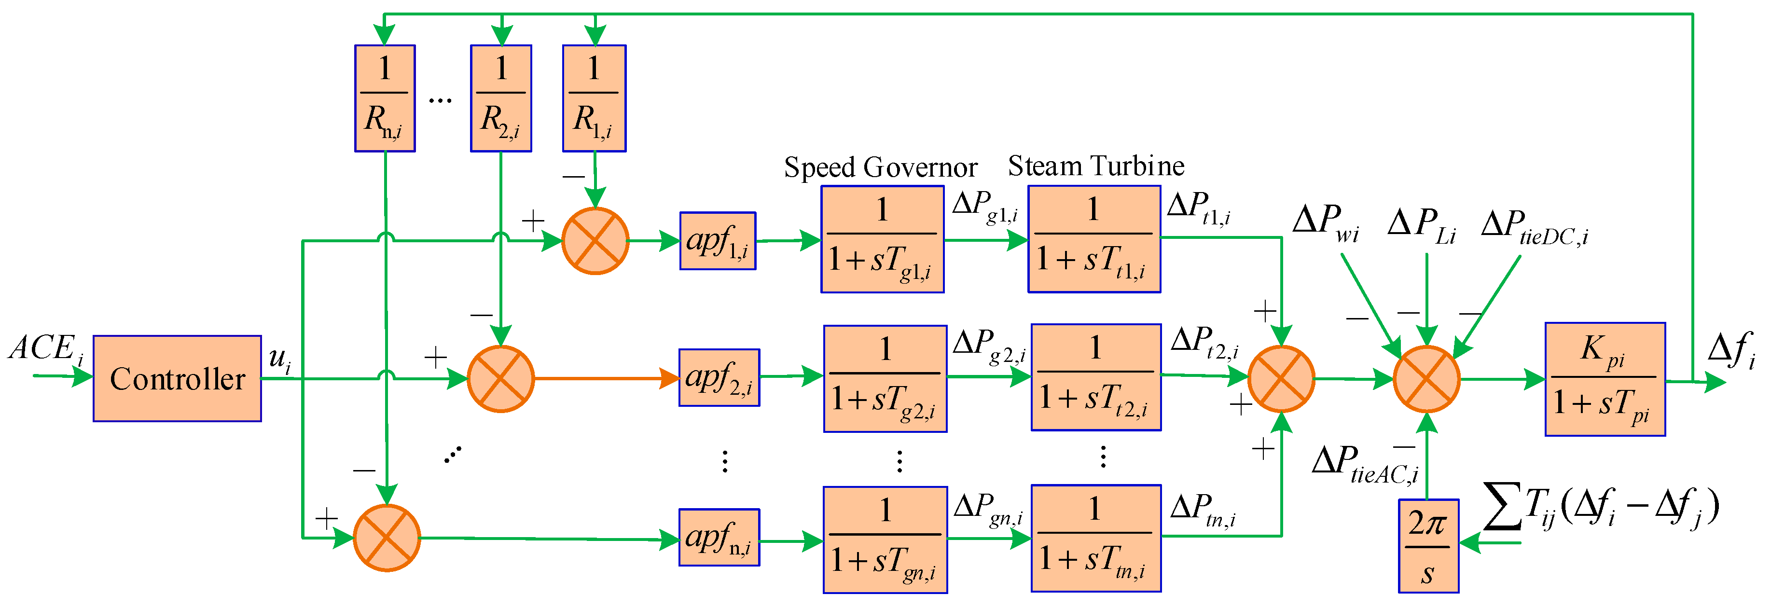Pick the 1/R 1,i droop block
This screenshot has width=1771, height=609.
(594, 98)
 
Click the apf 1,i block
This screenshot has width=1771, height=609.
(717, 241)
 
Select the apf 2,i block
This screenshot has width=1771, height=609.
(719, 377)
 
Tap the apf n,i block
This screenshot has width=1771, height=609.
(719, 538)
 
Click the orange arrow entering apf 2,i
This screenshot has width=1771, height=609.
(605, 378)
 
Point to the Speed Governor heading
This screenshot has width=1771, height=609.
(880, 167)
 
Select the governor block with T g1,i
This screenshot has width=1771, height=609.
(882, 239)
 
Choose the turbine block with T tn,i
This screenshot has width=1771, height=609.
(1096, 538)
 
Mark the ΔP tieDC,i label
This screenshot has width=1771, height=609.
(1534, 227)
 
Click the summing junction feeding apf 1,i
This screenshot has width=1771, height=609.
(595, 241)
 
